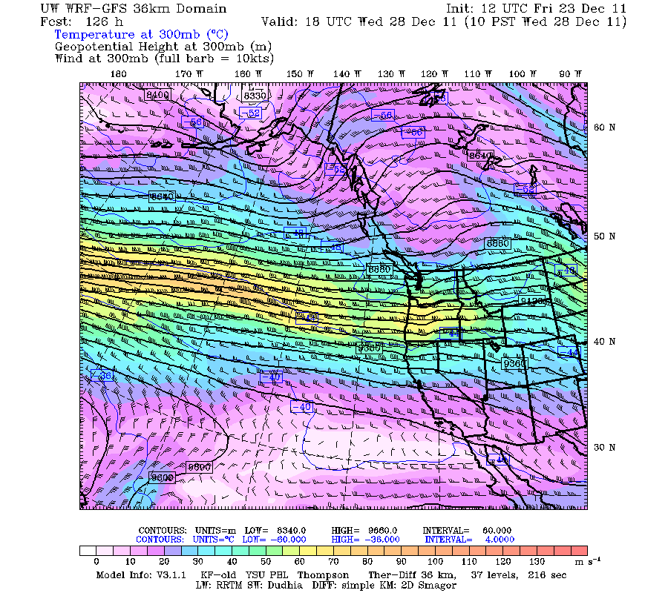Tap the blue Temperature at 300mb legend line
point(141,35)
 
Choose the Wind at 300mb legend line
point(164,58)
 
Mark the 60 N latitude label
point(604,127)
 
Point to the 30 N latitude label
point(604,448)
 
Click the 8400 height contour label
point(158,95)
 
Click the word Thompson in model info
point(324,574)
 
